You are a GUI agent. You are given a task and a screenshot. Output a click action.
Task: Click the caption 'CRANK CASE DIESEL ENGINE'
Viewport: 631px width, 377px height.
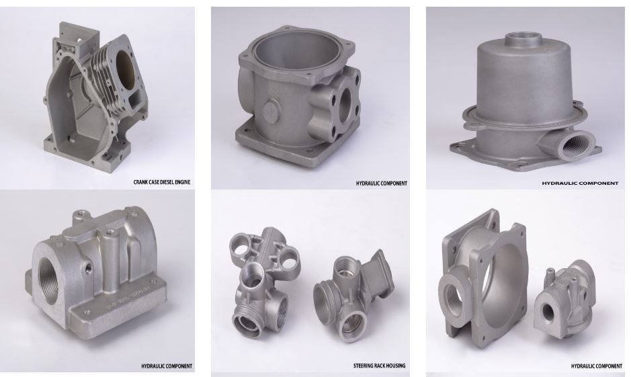162,182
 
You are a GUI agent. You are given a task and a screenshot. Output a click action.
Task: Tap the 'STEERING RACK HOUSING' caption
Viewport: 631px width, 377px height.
379,366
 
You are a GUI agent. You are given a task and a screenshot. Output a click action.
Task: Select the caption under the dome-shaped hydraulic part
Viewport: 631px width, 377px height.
580,183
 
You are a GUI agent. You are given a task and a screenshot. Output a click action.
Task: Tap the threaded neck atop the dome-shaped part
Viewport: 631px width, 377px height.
523,40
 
